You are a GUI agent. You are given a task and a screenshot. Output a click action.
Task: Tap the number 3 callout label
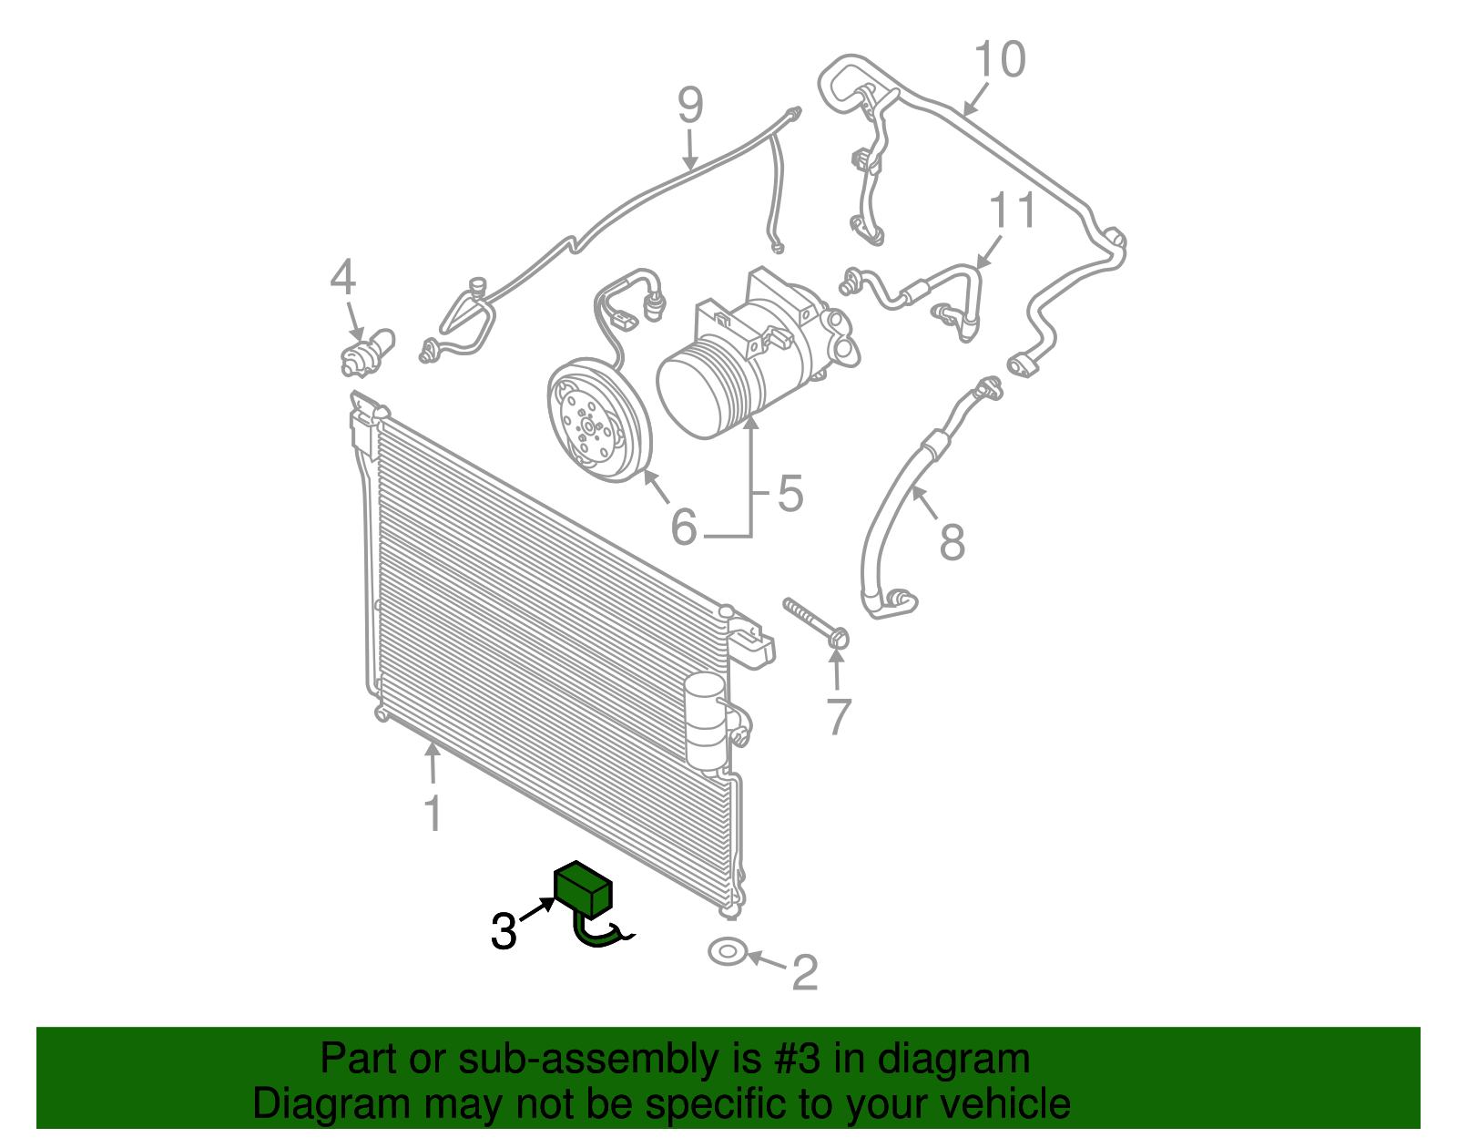click(x=504, y=931)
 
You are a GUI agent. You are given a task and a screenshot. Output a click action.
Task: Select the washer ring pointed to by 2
click(x=727, y=952)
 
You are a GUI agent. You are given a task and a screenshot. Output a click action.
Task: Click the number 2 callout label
click(x=805, y=973)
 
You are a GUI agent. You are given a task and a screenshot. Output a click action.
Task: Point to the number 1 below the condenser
click(x=433, y=814)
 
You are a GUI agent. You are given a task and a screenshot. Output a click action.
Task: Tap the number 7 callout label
click(x=838, y=717)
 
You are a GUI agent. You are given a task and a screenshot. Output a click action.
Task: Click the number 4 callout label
click(x=342, y=277)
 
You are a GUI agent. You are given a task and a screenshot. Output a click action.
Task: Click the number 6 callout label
click(x=683, y=528)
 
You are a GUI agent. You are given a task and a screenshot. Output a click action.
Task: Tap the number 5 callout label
click(x=790, y=494)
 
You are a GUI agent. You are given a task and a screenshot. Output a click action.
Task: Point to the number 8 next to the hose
click(x=952, y=542)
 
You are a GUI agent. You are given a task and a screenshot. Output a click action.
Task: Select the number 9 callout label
click(x=690, y=106)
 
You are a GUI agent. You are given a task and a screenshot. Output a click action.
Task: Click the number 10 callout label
click(x=999, y=59)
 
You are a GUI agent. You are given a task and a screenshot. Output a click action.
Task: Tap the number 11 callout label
click(x=1013, y=211)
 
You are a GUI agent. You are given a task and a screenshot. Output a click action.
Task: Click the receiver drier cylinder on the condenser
click(x=706, y=721)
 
